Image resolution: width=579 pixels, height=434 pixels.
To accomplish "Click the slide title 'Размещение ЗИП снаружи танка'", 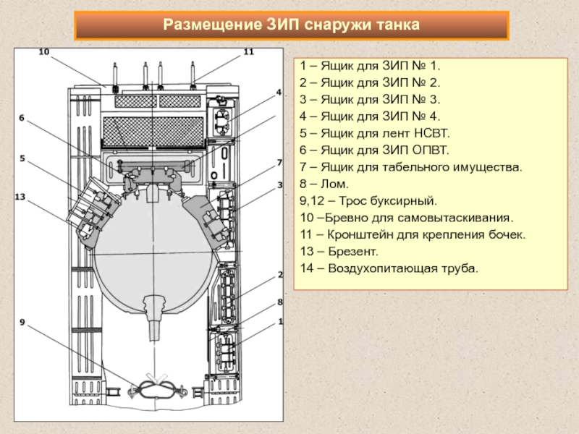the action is (291, 25).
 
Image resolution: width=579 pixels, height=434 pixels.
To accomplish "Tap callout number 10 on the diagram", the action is (43, 52).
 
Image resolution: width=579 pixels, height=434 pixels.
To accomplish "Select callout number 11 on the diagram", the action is (248, 52).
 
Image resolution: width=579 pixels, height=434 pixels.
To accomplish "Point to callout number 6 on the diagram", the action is (22, 117).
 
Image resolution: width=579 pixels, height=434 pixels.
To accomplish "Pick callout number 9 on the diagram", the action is (22, 324).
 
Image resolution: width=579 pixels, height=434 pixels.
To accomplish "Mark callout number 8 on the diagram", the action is (279, 301).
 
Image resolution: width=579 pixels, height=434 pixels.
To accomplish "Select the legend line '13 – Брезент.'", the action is (339, 252).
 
